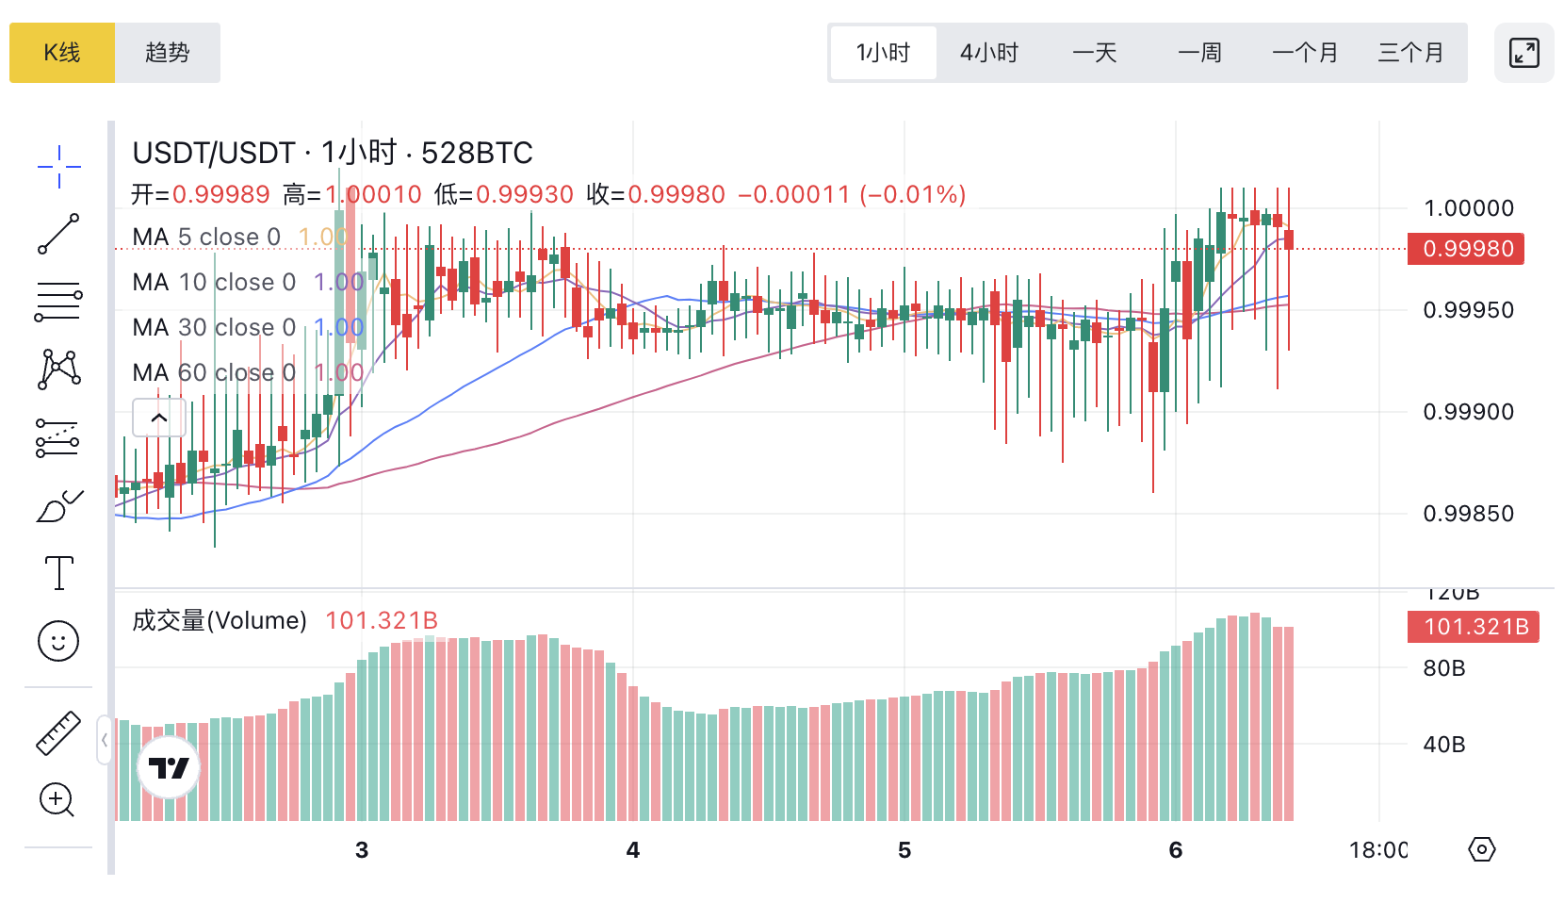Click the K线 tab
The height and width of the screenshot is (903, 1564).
coord(62,53)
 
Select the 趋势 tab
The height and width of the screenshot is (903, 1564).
coord(168,53)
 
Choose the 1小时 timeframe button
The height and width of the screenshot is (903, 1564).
coord(883,53)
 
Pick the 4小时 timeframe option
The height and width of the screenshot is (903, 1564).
coord(988,53)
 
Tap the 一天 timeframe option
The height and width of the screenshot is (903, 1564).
coord(1095,53)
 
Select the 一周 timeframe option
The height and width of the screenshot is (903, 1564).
coord(1199,53)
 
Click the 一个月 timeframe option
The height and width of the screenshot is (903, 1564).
coord(1305,53)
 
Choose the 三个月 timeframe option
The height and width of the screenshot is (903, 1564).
coord(1410,53)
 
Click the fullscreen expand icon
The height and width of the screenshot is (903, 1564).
coord(1523,53)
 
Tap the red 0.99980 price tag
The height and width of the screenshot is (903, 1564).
coord(1466,249)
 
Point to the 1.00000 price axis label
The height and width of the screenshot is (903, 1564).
coord(1468,208)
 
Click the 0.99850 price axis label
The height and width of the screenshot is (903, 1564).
coord(1468,514)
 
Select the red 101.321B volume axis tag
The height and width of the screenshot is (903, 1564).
coord(1474,627)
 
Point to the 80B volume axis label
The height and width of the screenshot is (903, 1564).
coord(1444,668)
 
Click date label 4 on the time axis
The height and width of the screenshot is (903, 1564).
coord(633,850)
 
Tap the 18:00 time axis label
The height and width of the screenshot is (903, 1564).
coord(1377,850)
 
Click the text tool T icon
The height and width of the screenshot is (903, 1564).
coord(58,573)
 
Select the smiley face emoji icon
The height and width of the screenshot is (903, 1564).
coord(58,641)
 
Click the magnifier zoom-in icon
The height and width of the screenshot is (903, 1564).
coord(57,800)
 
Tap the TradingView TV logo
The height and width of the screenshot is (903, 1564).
coord(170,768)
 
